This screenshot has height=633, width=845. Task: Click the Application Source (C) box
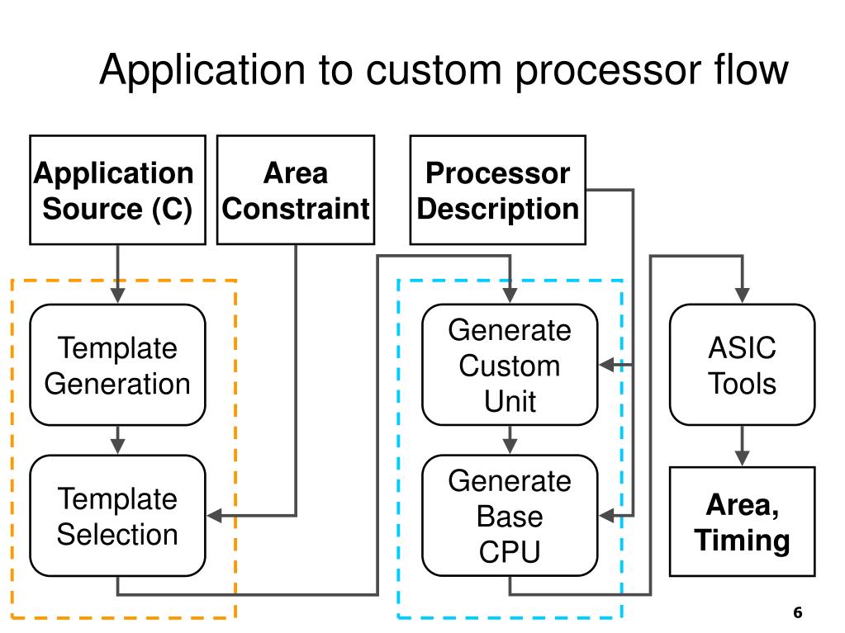pyautogui.click(x=117, y=190)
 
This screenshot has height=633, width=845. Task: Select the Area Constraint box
pyautogui.click(x=296, y=190)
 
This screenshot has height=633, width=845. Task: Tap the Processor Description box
pyautogui.click(x=498, y=190)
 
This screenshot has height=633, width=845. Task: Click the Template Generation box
pyautogui.click(x=117, y=365)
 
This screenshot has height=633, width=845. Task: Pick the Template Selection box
pyautogui.click(x=117, y=516)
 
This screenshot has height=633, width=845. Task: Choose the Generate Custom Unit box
pyautogui.click(x=510, y=365)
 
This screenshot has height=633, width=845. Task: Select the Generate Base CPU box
pyautogui.click(x=510, y=516)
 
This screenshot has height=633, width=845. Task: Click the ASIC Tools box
pyautogui.click(x=742, y=365)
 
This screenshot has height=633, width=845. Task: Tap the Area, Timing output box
pyautogui.click(x=742, y=522)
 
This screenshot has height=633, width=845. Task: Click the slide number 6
pyautogui.click(x=798, y=612)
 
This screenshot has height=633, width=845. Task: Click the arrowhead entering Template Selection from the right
pyautogui.click(x=215, y=516)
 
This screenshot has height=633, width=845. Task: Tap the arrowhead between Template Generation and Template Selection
pyautogui.click(x=117, y=446)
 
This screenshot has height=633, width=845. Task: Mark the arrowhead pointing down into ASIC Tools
pyautogui.click(x=742, y=295)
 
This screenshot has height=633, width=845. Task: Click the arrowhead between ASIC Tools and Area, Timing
pyautogui.click(x=742, y=458)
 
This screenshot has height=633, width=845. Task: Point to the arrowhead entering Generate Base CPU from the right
pyautogui.click(x=607, y=516)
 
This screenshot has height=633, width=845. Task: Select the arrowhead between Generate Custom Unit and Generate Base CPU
pyautogui.click(x=510, y=446)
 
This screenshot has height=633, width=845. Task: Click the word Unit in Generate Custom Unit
pyautogui.click(x=510, y=401)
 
